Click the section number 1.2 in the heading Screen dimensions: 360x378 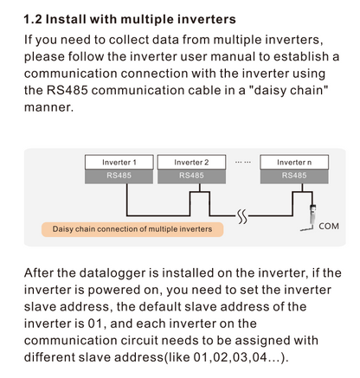tap(33, 19)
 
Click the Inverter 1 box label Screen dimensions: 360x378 tap(119, 163)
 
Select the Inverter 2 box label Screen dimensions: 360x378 tap(191, 163)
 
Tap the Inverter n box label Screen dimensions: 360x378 tap(294, 163)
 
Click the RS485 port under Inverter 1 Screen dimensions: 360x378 tap(119, 176)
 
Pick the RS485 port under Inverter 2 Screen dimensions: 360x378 tap(191, 176)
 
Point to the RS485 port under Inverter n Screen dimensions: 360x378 tap(294, 176)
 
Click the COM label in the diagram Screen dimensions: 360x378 tap(329, 227)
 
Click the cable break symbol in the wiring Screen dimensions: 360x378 tap(242, 216)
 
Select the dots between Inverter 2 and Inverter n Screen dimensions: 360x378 tap(243, 163)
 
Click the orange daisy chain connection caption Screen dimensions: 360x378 tap(132, 229)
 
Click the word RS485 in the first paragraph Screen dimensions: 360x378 tap(67, 90)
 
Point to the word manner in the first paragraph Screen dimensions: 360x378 tap(48, 107)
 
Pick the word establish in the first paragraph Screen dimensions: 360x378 tap(301, 56)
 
